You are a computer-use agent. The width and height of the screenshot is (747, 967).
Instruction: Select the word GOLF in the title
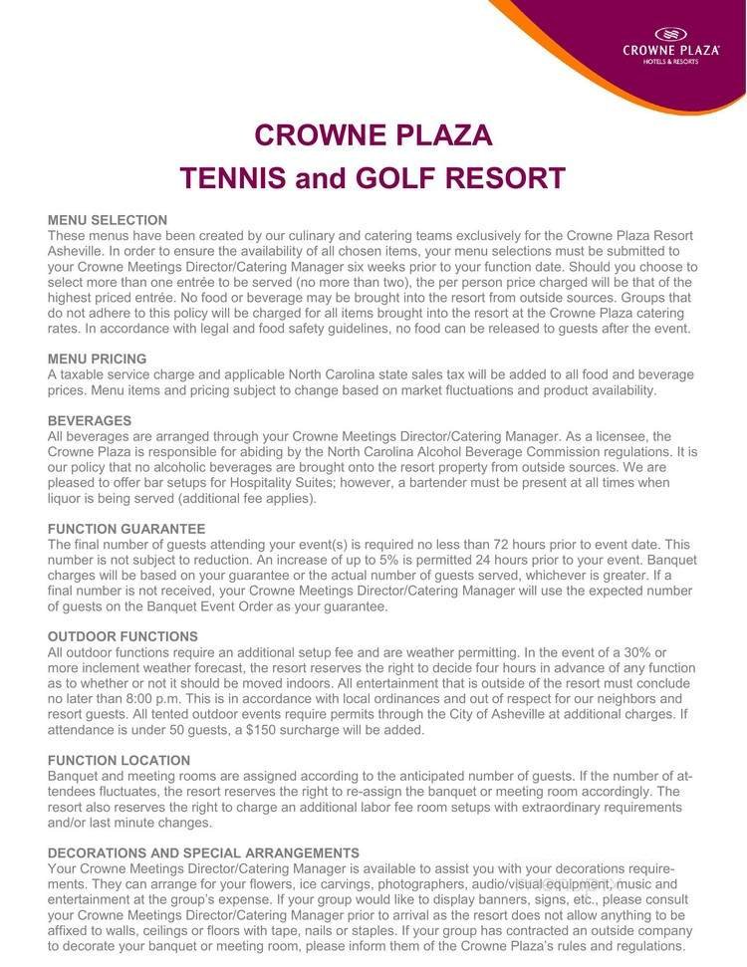point(390,178)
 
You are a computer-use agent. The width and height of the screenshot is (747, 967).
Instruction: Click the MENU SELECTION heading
point(108,220)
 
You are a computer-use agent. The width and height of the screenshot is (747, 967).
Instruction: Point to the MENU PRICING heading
point(98,359)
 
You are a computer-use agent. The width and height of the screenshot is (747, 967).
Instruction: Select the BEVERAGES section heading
point(90,421)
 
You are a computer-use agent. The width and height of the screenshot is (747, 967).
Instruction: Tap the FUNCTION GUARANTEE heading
point(126,529)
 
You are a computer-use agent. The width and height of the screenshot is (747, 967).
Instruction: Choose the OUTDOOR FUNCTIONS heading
point(123,636)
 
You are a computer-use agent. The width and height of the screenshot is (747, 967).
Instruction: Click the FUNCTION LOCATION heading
point(119,760)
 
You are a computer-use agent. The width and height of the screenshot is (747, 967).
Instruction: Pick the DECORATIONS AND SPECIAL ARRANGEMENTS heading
point(203,853)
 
